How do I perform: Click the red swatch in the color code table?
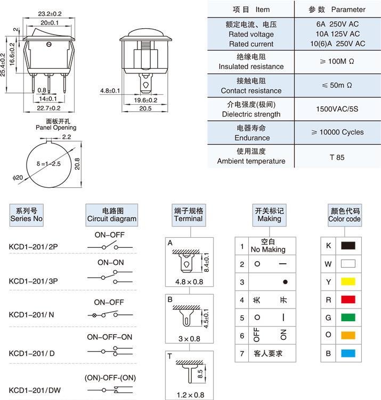point(348,299)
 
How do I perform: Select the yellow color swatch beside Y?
point(348,281)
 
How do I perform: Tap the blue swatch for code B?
point(348,353)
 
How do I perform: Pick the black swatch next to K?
point(348,245)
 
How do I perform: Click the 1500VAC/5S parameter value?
point(337,109)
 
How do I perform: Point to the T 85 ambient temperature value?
point(337,157)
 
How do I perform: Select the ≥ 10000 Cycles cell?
point(337,132)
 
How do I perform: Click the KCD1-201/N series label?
point(31,314)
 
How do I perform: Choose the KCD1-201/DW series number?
point(35,390)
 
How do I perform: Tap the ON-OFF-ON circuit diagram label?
point(110,337)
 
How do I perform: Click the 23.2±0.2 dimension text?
point(50,13)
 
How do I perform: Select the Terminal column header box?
point(188,214)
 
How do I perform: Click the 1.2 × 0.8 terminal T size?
point(188,394)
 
